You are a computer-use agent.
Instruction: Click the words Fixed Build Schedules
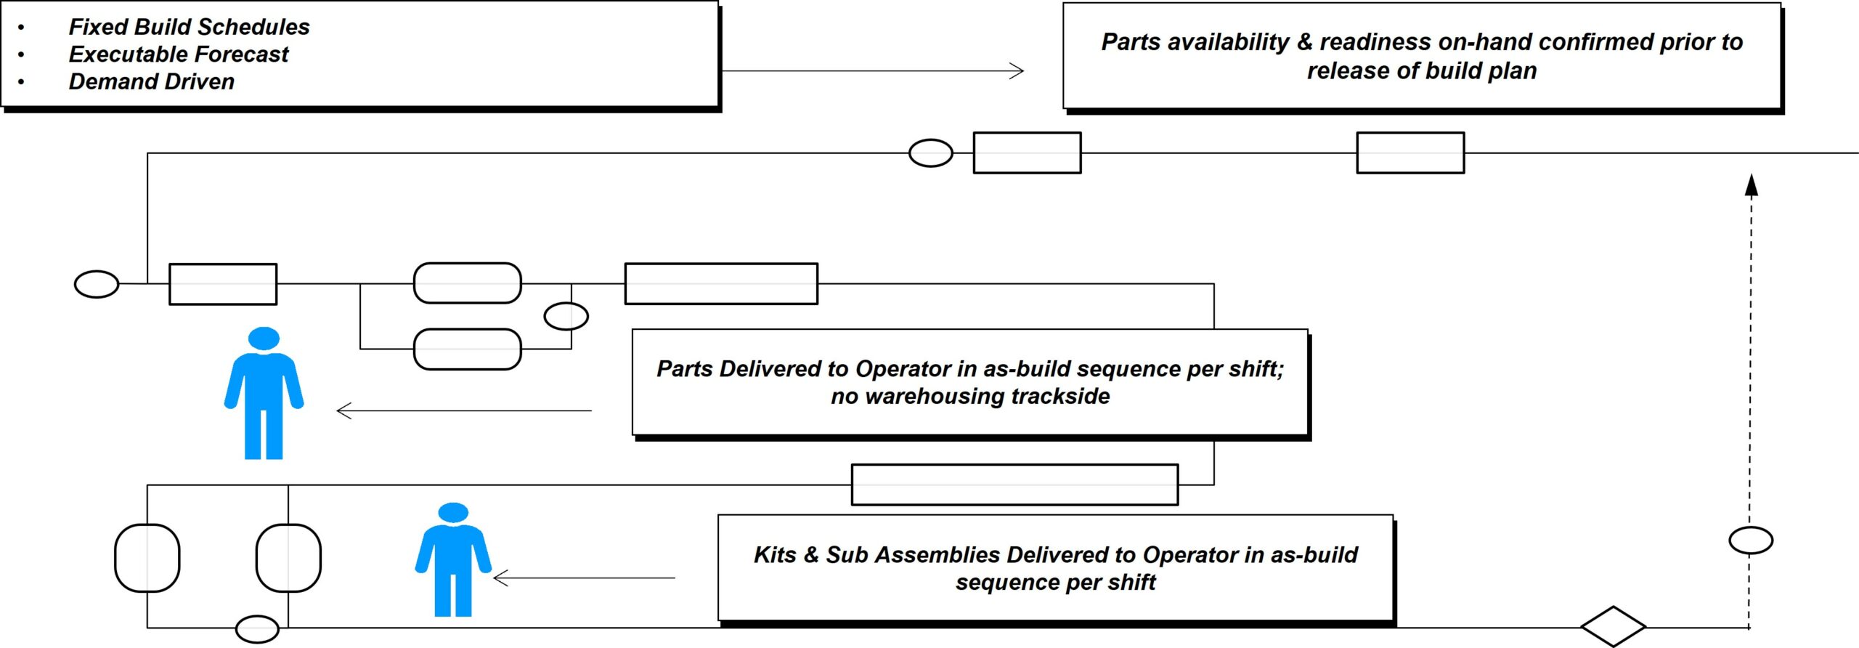pyautogui.click(x=189, y=27)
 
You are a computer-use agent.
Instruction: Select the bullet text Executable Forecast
pyautogui.click(x=178, y=54)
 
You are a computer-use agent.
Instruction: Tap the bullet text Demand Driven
pyautogui.click(x=151, y=81)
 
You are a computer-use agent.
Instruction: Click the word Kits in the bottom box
pyautogui.click(x=775, y=555)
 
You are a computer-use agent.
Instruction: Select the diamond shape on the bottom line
pyautogui.click(x=1613, y=626)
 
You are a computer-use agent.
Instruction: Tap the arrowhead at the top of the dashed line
pyautogui.click(x=1751, y=185)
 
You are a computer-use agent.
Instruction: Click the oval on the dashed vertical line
pyautogui.click(x=1751, y=540)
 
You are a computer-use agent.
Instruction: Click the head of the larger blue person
pyautogui.click(x=264, y=339)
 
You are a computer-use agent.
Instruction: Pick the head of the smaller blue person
pyautogui.click(x=454, y=512)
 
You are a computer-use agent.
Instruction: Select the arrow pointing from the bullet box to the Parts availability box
pyautogui.click(x=871, y=71)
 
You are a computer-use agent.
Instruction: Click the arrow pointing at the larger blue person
pyautogui.click(x=465, y=411)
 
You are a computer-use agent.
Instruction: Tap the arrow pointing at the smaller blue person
pyautogui.click(x=585, y=578)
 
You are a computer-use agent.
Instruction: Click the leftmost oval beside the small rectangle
pyautogui.click(x=97, y=284)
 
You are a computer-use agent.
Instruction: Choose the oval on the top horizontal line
pyautogui.click(x=930, y=153)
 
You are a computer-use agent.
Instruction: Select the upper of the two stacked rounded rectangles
pyautogui.click(x=467, y=283)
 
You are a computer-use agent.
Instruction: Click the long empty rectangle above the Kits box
pyautogui.click(x=1014, y=485)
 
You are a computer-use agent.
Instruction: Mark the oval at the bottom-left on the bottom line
pyautogui.click(x=257, y=629)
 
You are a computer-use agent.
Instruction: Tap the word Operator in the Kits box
pyautogui.click(x=1190, y=555)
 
